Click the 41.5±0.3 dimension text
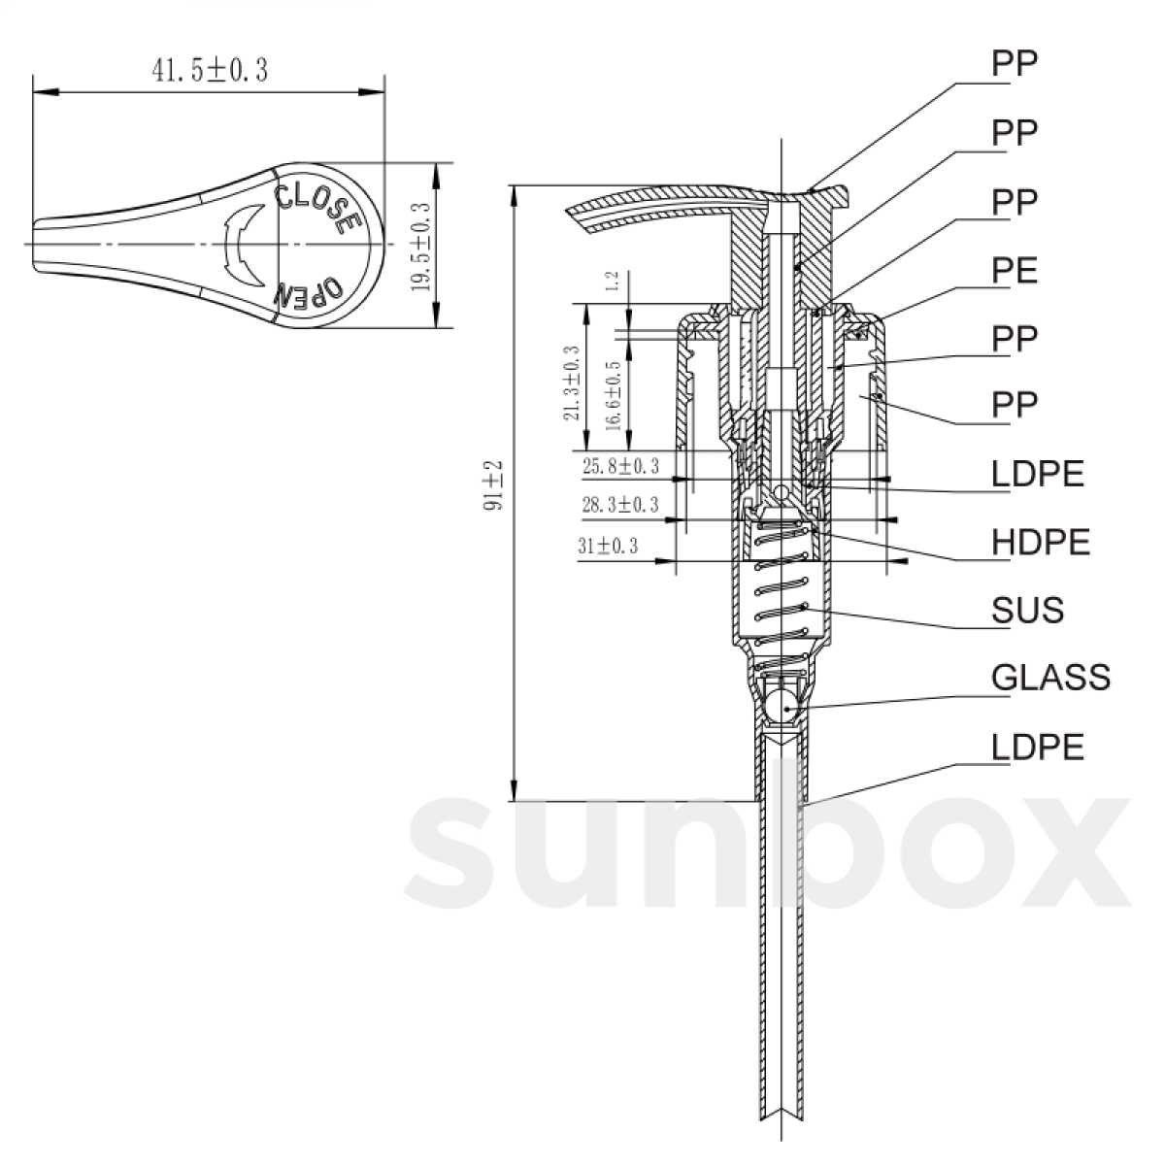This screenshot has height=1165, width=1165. pyautogui.click(x=208, y=71)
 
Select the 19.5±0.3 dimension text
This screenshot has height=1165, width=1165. pyautogui.click(x=420, y=246)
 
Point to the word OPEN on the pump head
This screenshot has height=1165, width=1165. pyautogui.click(x=310, y=290)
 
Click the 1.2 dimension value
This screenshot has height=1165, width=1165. pyautogui.click(x=612, y=283)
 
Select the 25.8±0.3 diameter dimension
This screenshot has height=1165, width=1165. pyautogui.click(x=620, y=467)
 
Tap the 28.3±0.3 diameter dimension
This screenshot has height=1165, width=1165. pyautogui.click(x=620, y=505)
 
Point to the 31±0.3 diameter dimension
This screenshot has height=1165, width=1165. pyautogui.click(x=608, y=546)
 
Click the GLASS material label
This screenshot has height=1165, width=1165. pyautogui.click(x=1050, y=677)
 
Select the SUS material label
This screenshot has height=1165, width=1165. pyautogui.click(x=1028, y=610)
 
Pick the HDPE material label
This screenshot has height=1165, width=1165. pyautogui.click(x=1041, y=542)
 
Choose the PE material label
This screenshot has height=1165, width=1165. pyautogui.click(x=1015, y=271)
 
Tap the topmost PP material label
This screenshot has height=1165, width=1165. pyautogui.click(x=1015, y=63)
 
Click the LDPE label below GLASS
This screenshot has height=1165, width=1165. pyautogui.click(x=1038, y=747)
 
